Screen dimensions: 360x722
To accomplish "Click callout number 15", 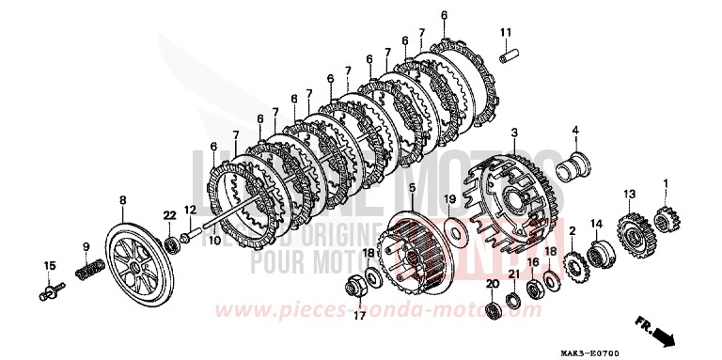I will pyautogui.click(x=50, y=266).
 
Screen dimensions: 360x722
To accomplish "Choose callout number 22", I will pyautogui.click(x=169, y=216).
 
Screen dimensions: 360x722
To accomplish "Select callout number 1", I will pyautogui.click(x=667, y=182).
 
